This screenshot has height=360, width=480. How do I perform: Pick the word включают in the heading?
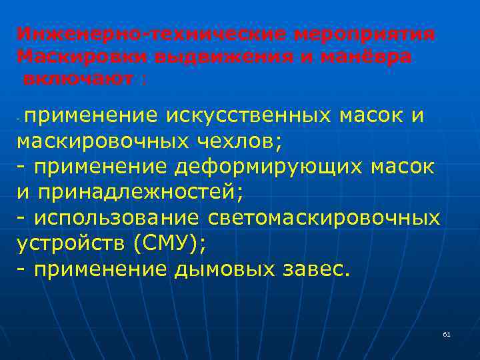[x=78, y=79]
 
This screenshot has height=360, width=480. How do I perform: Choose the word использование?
[x=117, y=218]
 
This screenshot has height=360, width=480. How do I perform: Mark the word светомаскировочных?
[x=324, y=218]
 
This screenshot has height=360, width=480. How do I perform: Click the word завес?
[x=314, y=269]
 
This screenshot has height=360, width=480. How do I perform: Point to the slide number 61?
[x=446, y=333]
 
